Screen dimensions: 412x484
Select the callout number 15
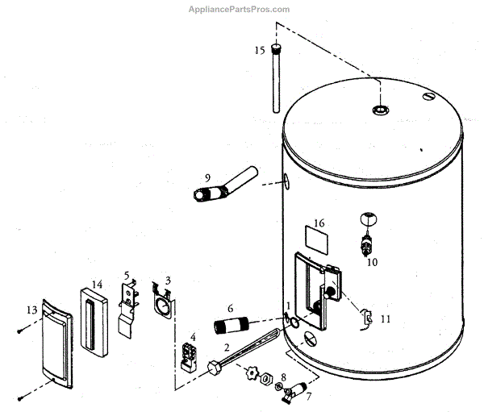click(x=259, y=51)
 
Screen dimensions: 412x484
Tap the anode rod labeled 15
click(x=277, y=81)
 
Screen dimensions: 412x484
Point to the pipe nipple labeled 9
click(x=226, y=185)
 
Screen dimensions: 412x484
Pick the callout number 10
click(x=372, y=262)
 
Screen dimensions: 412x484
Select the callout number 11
click(x=385, y=319)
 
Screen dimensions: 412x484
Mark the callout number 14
click(x=97, y=285)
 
